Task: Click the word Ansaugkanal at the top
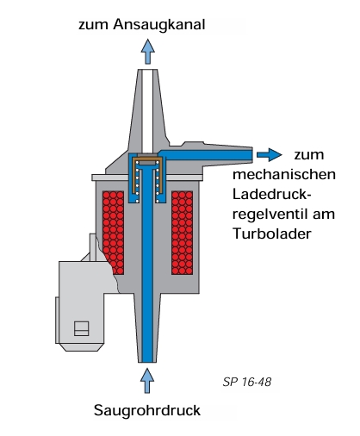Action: pos(159,25)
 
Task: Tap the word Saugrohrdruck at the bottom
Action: pos(147,410)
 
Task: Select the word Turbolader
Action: pos(272,234)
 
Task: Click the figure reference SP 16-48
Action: pos(247,382)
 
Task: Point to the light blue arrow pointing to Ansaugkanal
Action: pos(148,52)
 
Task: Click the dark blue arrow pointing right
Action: pos(269,155)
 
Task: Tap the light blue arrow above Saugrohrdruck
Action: pos(147,381)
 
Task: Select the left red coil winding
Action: pos(113,233)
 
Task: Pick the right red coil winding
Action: pos(182,233)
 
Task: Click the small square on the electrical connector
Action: pos(81,328)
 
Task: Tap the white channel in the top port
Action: pos(148,111)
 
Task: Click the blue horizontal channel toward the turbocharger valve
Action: pos(205,155)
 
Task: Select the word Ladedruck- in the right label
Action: pos(272,195)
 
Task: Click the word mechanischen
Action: pos(284,175)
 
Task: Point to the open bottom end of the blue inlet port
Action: pos(147,362)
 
